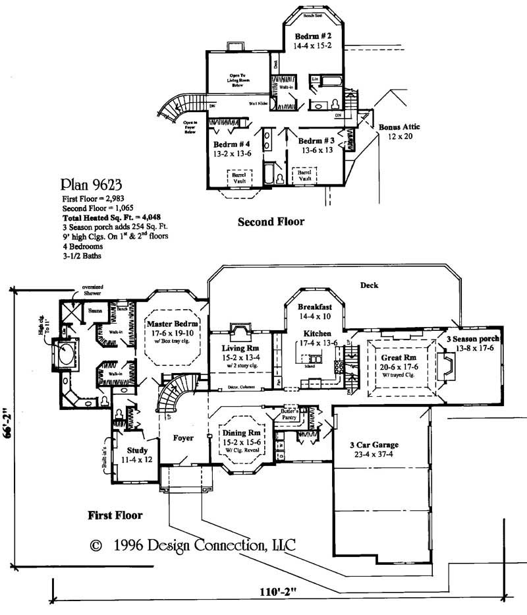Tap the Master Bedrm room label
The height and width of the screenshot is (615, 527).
[x=168, y=324]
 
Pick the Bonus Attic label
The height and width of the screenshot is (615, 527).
[x=399, y=127]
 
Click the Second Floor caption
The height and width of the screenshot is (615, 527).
[x=271, y=222]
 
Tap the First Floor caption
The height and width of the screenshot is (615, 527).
[x=115, y=515]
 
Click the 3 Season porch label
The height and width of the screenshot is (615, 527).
[x=474, y=338]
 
